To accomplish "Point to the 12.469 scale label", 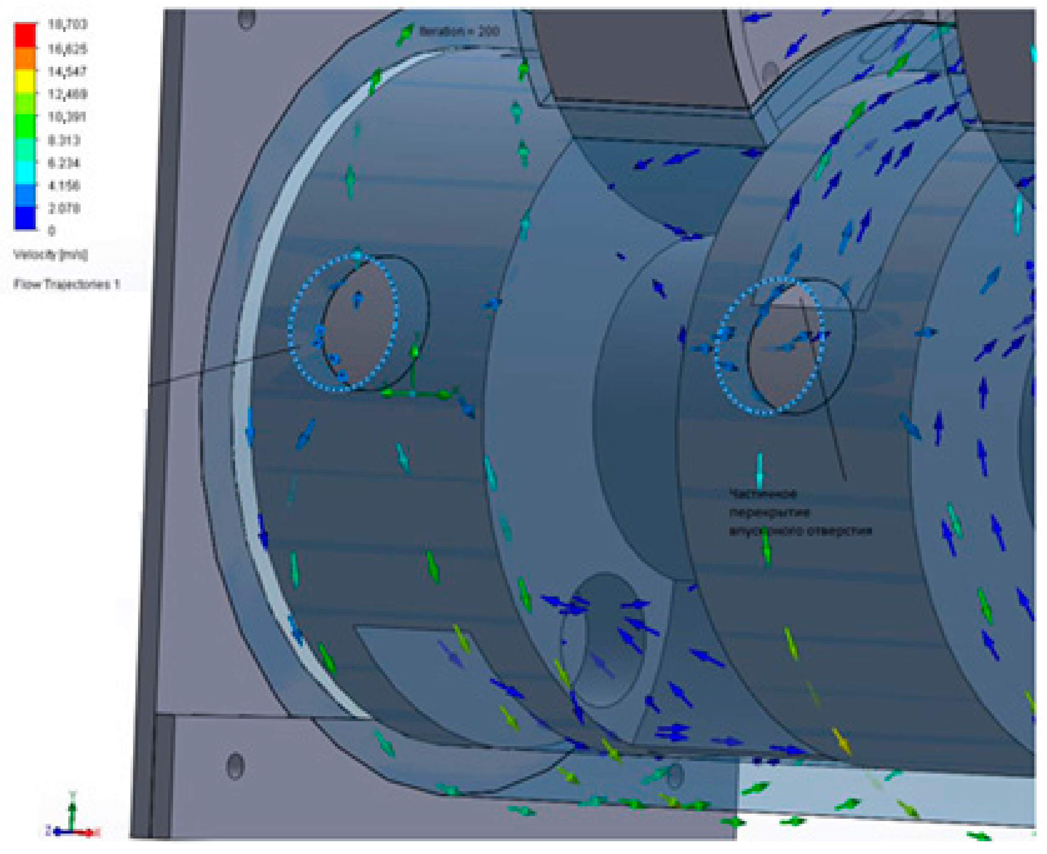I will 67,93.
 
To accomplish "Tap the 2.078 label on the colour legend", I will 64,208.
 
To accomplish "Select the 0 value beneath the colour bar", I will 52,231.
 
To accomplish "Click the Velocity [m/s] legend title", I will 51,254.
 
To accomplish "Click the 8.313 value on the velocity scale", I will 64,140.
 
